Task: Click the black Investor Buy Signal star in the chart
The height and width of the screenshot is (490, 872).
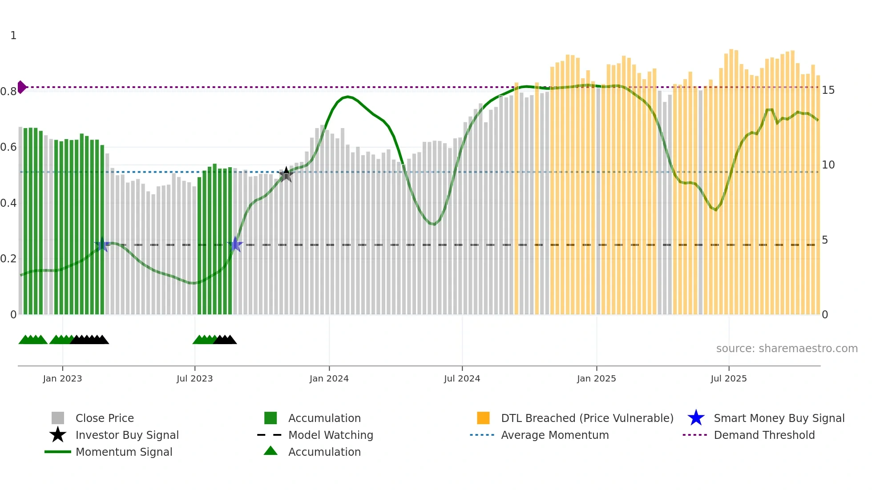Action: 286,174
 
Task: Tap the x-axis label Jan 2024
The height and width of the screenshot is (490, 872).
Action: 329,378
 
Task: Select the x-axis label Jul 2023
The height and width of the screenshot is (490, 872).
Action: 194,378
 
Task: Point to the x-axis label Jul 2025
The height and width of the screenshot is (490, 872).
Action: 728,378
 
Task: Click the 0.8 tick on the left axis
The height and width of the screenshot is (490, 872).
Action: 8,92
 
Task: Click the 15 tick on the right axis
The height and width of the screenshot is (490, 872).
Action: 828,90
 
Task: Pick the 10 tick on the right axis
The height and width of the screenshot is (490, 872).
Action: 828,165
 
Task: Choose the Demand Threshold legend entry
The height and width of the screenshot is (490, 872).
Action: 764,435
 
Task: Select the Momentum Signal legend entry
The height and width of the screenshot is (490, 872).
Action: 124,452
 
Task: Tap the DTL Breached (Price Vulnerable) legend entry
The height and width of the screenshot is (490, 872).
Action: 587,418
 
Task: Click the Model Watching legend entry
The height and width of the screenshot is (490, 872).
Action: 330,435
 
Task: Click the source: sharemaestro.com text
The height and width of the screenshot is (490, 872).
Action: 787,348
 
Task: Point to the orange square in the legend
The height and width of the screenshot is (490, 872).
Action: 483,418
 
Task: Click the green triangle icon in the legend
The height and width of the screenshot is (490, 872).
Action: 270,451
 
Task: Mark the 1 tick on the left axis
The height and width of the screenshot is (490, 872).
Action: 13,36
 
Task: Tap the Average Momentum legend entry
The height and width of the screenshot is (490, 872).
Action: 554,435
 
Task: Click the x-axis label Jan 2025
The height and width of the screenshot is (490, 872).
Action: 596,378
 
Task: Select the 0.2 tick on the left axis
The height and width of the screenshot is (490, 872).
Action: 8,259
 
